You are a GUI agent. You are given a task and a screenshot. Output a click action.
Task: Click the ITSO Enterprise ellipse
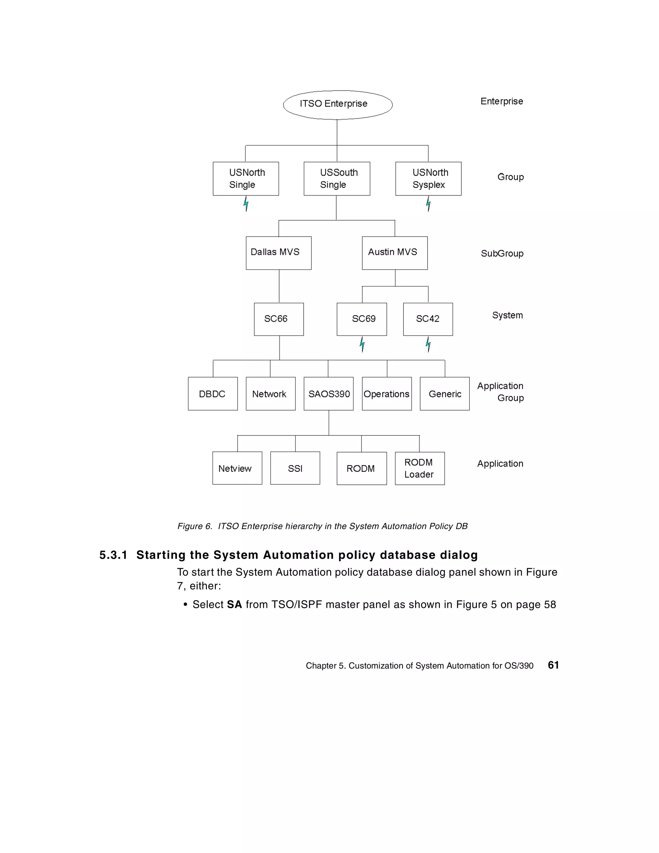tap(338, 105)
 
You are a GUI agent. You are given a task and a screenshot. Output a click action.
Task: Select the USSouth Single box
tap(337, 179)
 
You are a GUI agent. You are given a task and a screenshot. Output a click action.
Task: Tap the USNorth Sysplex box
tap(428, 179)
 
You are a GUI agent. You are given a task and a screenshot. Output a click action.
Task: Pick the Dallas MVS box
tap(279, 253)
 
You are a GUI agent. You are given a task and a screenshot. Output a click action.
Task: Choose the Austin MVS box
tap(394, 253)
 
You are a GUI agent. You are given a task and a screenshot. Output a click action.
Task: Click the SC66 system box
tap(279, 319)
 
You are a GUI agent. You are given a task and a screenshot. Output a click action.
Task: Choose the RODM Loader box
tap(420, 468)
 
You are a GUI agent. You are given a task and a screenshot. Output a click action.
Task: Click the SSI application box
tap(295, 468)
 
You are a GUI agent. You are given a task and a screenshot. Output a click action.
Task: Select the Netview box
tap(237, 468)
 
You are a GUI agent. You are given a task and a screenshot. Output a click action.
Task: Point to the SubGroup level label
tap(502, 254)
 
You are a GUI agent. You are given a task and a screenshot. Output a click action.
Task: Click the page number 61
tap(553, 665)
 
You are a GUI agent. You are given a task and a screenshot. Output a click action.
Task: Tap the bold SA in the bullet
tap(234, 604)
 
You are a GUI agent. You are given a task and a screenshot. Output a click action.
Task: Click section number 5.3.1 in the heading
tap(113, 555)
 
